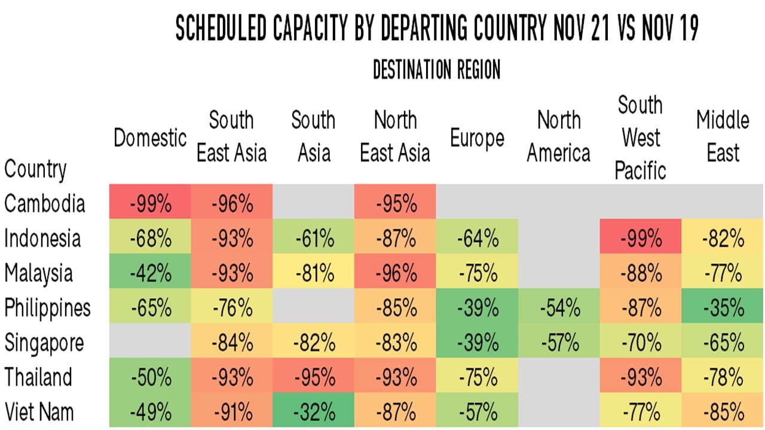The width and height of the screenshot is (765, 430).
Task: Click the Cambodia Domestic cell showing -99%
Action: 150,205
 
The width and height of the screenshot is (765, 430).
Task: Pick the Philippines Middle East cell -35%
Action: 723,309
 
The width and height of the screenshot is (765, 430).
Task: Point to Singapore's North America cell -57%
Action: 559,343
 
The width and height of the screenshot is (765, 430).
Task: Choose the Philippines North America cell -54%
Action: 559,309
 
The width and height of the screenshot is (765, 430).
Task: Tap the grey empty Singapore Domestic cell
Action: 150,343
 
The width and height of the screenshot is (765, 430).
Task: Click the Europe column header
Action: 477,138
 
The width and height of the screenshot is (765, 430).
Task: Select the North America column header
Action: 559,137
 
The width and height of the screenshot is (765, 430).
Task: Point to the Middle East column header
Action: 723,137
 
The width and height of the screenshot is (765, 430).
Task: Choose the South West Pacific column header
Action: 641,138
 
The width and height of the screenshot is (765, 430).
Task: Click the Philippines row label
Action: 47,309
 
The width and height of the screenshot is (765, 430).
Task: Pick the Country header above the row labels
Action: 35,169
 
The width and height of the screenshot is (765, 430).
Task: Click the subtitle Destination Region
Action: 436,70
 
